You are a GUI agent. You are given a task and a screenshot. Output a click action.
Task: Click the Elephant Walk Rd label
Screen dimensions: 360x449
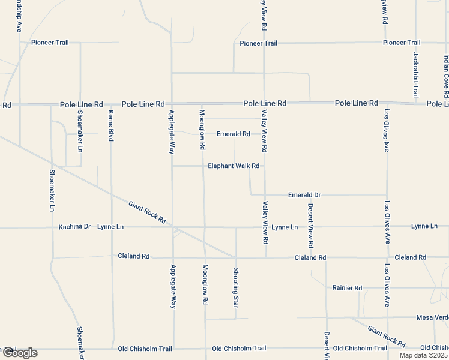click(234, 166)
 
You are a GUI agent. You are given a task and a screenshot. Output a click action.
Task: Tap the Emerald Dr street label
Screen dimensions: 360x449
click(304, 195)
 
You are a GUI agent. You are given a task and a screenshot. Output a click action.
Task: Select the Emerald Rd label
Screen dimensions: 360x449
click(233, 134)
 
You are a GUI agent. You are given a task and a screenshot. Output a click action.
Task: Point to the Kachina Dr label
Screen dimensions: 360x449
click(74, 227)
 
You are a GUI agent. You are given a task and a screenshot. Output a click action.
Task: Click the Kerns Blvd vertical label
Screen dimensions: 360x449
click(111, 126)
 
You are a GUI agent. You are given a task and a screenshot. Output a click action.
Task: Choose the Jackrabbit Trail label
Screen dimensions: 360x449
click(415, 74)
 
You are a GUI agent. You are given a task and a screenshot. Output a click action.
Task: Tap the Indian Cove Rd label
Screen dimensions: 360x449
click(446, 76)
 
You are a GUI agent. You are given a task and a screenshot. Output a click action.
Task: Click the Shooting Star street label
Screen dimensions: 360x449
click(236, 286)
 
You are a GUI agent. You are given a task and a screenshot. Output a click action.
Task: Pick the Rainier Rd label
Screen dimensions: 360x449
click(347, 288)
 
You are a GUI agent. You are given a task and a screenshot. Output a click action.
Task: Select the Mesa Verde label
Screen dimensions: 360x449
click(432, 317)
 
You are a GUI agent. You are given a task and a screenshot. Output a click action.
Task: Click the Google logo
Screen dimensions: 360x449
click(19, 353)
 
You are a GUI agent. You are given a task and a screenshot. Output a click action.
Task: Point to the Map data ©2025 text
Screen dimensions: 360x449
click(424, 355)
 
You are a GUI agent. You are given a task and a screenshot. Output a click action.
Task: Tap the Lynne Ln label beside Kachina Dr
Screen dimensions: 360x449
click(110, 227)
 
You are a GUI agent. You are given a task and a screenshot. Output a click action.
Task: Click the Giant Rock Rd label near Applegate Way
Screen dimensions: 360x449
click(147, 212)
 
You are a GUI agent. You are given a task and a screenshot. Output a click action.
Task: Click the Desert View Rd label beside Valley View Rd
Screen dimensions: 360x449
click(310, 226)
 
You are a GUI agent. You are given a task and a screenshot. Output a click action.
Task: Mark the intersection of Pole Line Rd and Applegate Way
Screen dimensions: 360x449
click(172, 103)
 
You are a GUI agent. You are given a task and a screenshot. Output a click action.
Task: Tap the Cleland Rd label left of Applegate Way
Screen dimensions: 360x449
click(133, 256)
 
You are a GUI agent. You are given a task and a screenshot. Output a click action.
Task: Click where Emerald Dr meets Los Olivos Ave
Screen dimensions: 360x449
click(387, 194)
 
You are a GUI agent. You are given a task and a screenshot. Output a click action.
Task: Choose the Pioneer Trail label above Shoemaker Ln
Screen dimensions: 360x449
click(50, 43)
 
